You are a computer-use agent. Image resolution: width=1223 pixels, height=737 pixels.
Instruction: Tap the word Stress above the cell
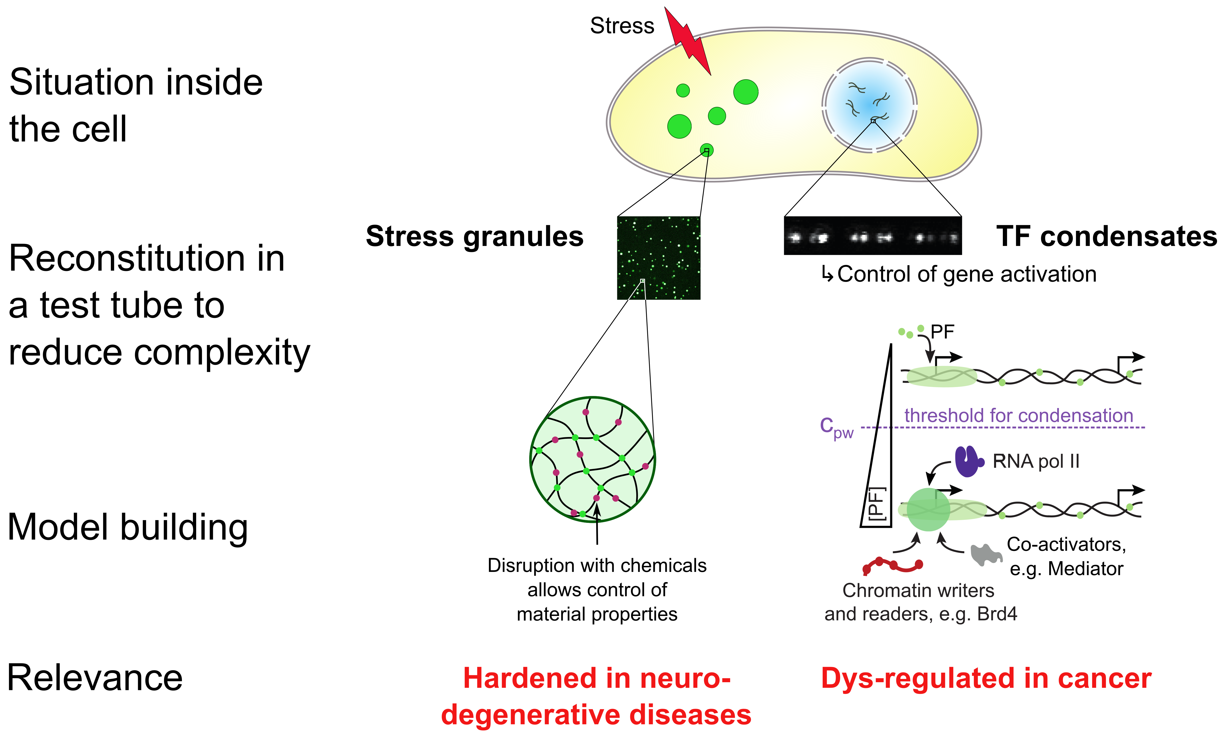622,26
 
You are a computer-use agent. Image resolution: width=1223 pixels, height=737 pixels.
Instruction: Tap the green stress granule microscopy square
659,258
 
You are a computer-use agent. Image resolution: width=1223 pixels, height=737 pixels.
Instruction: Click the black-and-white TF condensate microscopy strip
872,236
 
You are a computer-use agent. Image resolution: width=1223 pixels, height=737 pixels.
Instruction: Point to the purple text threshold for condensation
1019,415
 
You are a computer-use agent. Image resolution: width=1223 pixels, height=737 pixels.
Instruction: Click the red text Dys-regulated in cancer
986,678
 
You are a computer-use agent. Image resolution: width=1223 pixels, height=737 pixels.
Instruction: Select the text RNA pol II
1036,462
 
